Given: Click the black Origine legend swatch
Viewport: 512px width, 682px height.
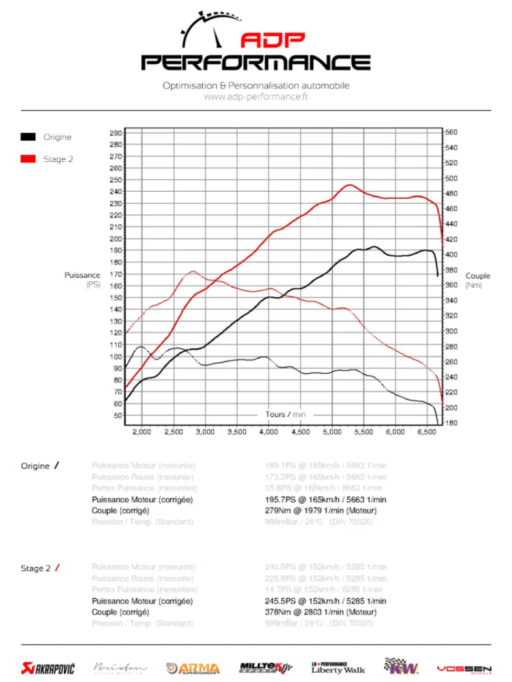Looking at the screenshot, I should [x=28, y=137].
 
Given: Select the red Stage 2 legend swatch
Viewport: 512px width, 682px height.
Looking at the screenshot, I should [x=28, y=159].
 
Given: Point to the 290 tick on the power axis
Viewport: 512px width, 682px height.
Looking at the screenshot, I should [x=115, y=133].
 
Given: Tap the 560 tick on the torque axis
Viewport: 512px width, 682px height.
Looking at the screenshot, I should [x=451, y=132].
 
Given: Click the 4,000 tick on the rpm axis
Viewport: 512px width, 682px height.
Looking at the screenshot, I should [x=268, y=432].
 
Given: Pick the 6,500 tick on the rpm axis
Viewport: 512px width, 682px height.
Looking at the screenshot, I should [x=427, y=432].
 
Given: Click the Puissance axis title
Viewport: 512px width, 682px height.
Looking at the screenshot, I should [x=83, y=275].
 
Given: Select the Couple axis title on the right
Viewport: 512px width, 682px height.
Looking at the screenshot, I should [x=477, y=276].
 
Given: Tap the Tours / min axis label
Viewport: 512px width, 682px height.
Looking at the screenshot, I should [x=285, y=414].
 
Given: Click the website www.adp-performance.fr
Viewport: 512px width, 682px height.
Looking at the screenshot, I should [x=256, y=97].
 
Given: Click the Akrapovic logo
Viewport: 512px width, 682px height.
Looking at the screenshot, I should [x=48, y=667].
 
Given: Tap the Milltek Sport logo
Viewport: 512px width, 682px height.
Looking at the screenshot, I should [x=265, y=667].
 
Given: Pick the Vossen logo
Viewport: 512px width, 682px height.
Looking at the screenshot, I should [x=464, y=668].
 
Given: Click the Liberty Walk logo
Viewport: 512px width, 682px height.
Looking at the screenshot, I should [x=338, y=667].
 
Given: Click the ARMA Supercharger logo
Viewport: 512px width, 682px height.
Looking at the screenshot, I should [x=193, y=668].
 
